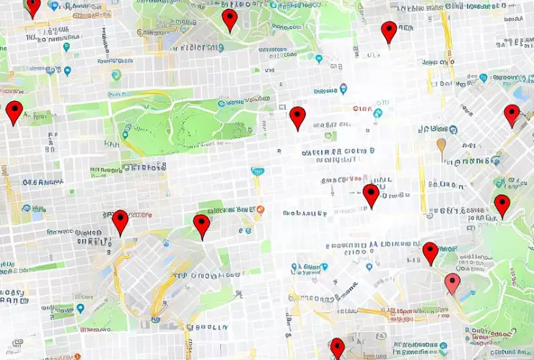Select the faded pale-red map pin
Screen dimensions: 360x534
[452, 284]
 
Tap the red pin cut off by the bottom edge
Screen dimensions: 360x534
[337, 348]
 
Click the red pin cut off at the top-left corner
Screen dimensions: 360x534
[32, 6]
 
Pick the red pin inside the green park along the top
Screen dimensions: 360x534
[229, 20]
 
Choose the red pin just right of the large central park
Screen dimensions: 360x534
[297, 118]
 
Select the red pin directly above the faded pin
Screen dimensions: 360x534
[431, 253]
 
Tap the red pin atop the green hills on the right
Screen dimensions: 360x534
[502, 206]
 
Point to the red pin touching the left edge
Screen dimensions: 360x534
[14, 113]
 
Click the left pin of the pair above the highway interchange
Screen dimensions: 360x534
[120, 222]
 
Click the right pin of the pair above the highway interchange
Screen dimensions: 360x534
[202, 226]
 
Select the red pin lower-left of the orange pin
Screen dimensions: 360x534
[371, 195]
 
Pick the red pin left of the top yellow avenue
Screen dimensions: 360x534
[389, 32]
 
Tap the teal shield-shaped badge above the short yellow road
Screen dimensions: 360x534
[257, 172]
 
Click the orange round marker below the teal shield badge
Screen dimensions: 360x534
[261, 209]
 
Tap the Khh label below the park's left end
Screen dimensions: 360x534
[111, 144]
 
